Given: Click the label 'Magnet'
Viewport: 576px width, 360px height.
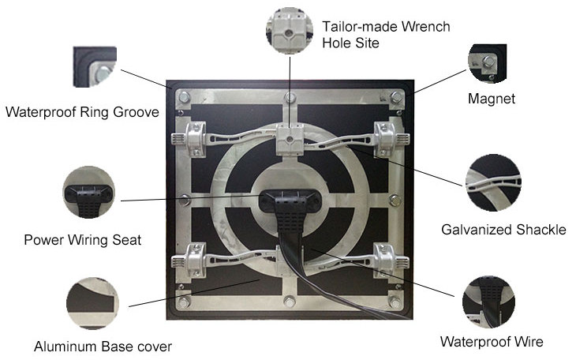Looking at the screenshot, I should tap(491, 99).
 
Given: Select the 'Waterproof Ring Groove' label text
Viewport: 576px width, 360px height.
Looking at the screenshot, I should tap(82, 112).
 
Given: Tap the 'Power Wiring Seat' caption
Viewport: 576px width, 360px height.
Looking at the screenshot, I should tap(83, 240).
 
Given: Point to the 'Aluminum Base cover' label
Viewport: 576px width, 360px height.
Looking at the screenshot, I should tap(103, 347).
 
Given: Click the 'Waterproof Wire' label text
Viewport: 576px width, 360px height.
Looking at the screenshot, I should tap(492, 342).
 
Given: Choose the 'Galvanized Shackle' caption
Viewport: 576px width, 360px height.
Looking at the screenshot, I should tap(503, 230).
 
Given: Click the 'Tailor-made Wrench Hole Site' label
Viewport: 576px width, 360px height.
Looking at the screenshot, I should tap(386, 35).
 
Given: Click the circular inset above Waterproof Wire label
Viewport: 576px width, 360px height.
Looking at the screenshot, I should tap(488, 302).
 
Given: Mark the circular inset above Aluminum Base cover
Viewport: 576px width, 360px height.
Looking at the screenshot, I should tap(92, 303).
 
